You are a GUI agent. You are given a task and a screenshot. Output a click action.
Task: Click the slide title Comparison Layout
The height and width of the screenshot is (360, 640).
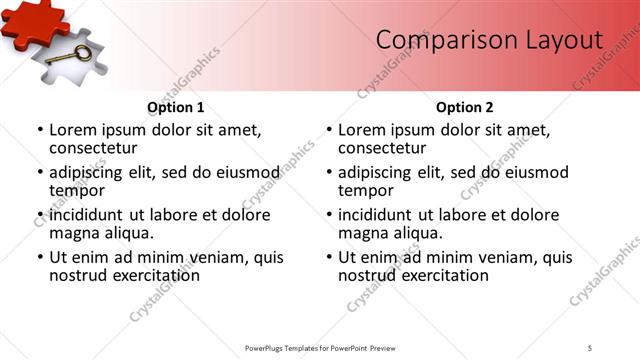pos(489,40)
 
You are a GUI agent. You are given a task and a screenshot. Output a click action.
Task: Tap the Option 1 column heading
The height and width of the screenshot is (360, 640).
pos(176,107)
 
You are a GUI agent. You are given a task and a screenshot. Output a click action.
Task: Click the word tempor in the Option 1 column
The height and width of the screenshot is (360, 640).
pos(77,190)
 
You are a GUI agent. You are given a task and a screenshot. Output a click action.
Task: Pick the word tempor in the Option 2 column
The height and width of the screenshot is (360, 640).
pos(366,190)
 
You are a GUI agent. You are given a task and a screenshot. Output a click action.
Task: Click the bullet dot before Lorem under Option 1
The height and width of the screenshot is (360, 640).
pos(40,130)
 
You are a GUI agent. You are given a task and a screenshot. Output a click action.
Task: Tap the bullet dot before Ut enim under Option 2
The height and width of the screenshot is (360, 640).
pos(329,257)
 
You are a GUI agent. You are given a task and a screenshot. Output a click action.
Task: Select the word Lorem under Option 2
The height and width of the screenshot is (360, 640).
pos(361,130)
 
